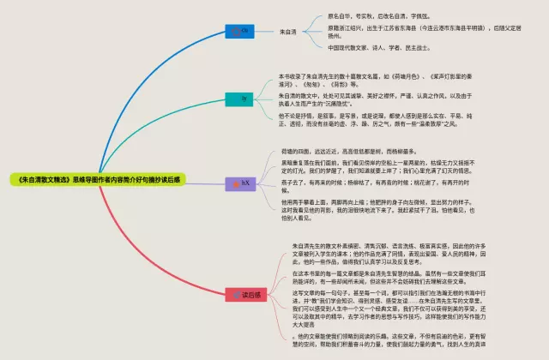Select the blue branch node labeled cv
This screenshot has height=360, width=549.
click(x=243, y=31)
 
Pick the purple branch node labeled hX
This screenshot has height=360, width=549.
click(x=244, y=207)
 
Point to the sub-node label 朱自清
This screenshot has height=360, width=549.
click(x=288, y=32)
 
